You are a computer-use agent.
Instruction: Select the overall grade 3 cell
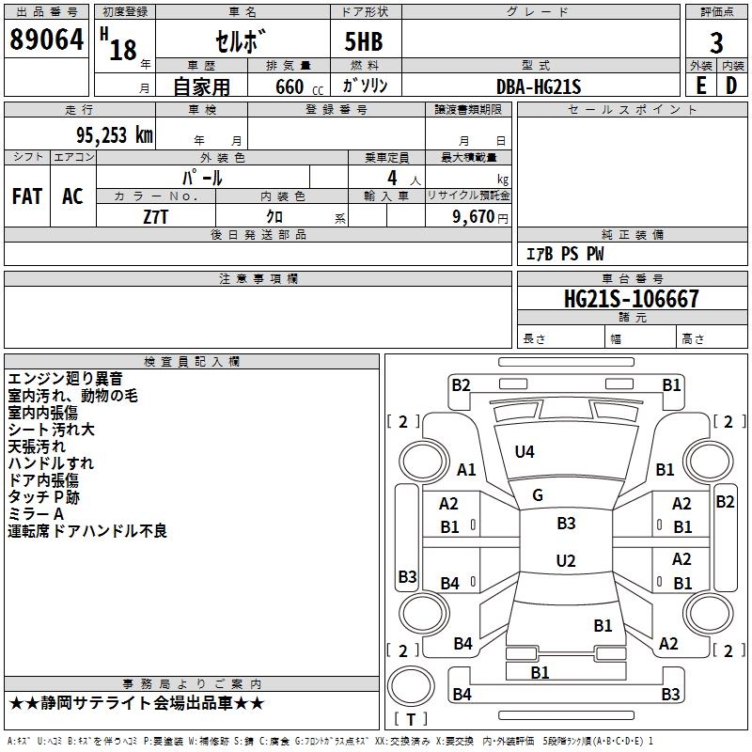click(717, 42)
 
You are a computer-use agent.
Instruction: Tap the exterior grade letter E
click(700, 86)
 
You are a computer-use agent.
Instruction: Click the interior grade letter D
click(731, 86)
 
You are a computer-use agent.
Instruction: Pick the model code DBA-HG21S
click(539, 86)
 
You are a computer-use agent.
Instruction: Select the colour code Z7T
click(156, 215)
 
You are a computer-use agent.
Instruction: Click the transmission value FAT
click(27, 196)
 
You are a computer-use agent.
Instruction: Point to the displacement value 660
click(289, 87)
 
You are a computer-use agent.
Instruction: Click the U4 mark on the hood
click(525, 452)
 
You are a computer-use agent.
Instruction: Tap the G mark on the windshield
click(538, 495)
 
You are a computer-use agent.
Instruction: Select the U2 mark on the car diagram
click(565, 561)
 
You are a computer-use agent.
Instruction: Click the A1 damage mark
click(466, 469)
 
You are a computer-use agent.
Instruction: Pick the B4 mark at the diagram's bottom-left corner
click(462, 695)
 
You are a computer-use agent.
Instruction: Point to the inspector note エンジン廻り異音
click(65, 379)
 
